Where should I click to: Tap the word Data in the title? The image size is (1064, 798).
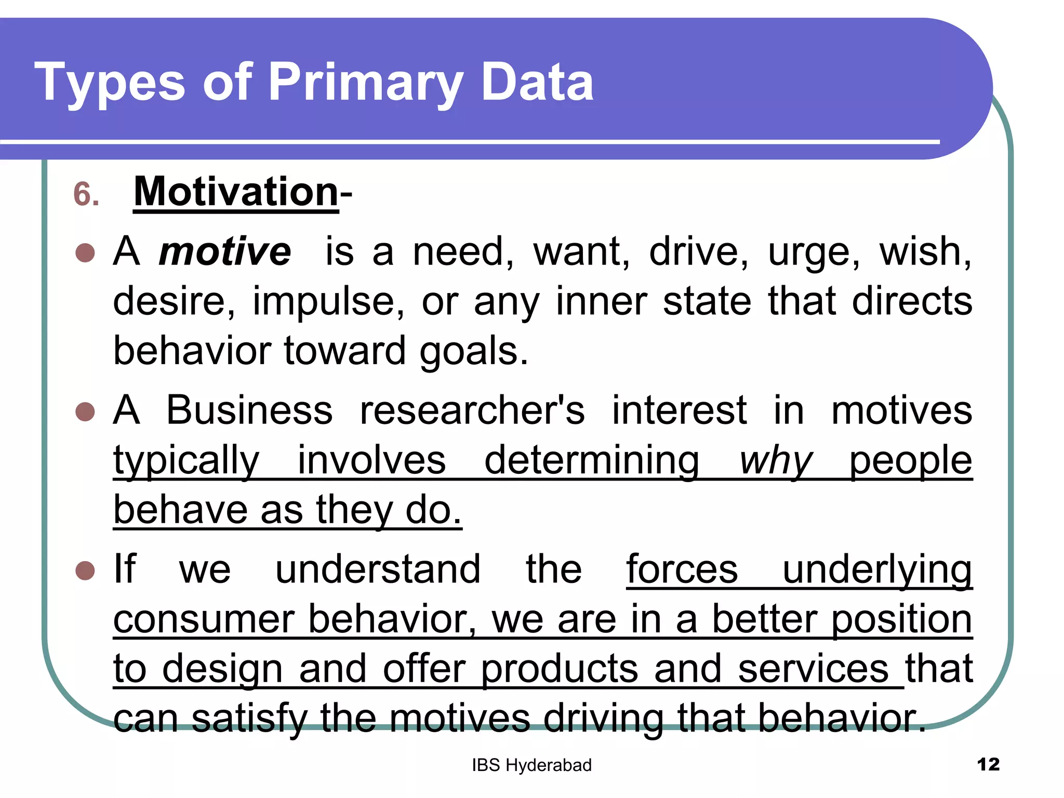click(x=537, y=82)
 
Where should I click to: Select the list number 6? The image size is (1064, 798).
click(x=86, y=195)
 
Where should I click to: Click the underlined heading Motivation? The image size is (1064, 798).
click(x=236, y=192)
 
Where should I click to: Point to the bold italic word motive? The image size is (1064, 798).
click(x=224, y=252)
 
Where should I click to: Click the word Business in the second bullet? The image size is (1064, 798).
click(x=249, y=410)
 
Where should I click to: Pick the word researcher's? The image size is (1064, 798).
click(x=472, y=410)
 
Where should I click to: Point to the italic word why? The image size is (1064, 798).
click(x=775, y=461)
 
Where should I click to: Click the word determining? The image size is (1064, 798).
click(x=592, y=461)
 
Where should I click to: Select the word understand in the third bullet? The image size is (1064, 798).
click(x=378, y=569)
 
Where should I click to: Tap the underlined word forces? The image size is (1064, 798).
click(x=682, y=569)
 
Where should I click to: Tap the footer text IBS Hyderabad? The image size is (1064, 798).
click(x=531, y=765)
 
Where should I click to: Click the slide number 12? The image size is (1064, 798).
click(x=988, y=765)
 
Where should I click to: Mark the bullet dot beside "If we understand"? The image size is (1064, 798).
click(x=85, y=570)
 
